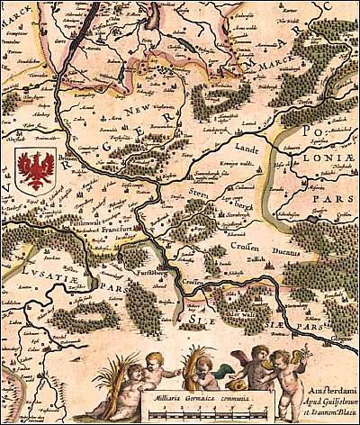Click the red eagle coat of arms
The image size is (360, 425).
pyautogui.click(x=36, y=170)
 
